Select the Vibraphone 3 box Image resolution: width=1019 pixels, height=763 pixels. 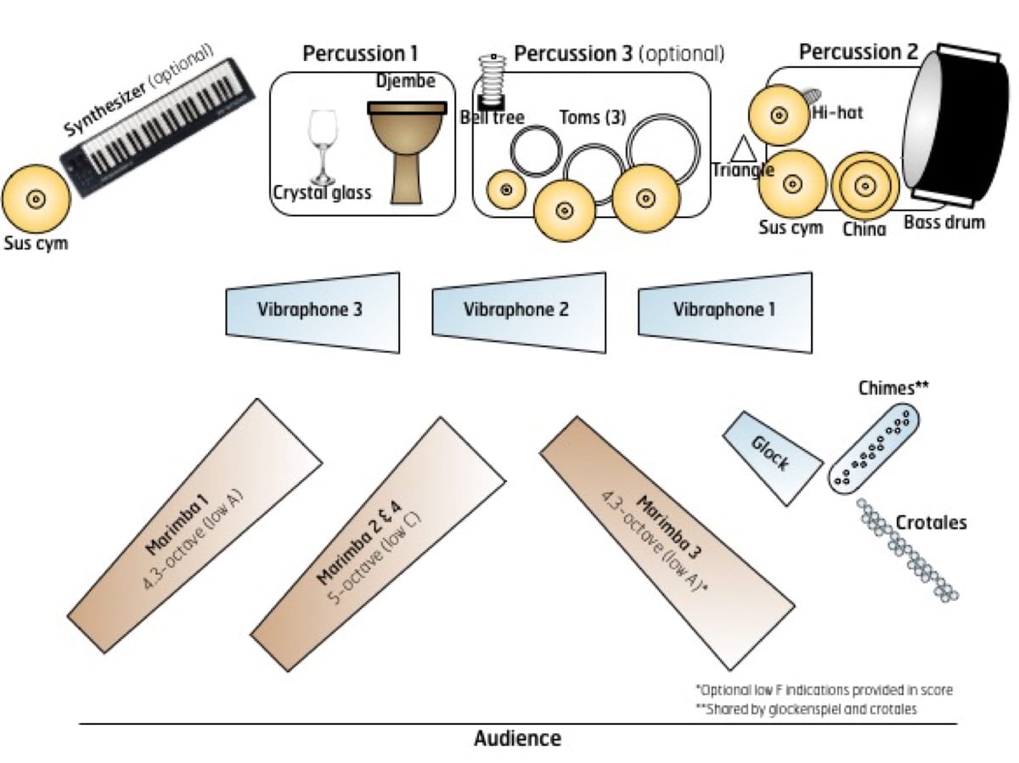tap(312, 311)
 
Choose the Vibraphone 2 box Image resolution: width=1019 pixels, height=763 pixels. tap(519, 310)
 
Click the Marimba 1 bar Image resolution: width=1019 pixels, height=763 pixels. tap(195, 526)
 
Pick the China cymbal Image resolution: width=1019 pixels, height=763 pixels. tap(865, 185)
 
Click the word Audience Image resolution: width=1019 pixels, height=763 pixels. tap(517, 738)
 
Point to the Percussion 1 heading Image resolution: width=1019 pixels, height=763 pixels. tap(360, 54)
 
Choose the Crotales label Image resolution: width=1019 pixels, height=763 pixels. tap(931, 523)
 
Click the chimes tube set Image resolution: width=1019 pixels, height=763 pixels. tap(874, 448)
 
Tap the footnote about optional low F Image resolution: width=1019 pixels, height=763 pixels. tap(823, 690)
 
